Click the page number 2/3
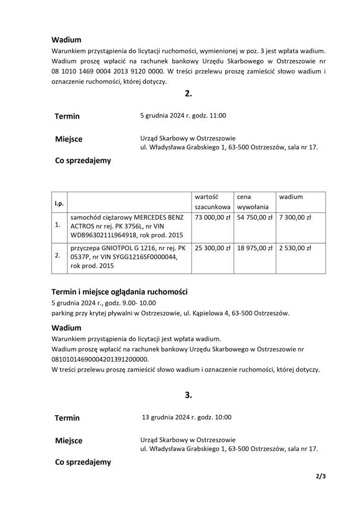[x=321, y=476]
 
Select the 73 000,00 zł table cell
[x=212, y=218]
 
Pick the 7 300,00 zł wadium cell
[x=295, y=218]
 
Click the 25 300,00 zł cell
[x=212, y=247]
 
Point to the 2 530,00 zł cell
[x=295, y=247]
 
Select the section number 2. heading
[x=188, y=93]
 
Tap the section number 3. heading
[x=188, y=395]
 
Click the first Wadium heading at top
[x=66, y=40]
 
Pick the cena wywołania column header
[x=253, y=202]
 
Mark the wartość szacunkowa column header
[x=212, y=202]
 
